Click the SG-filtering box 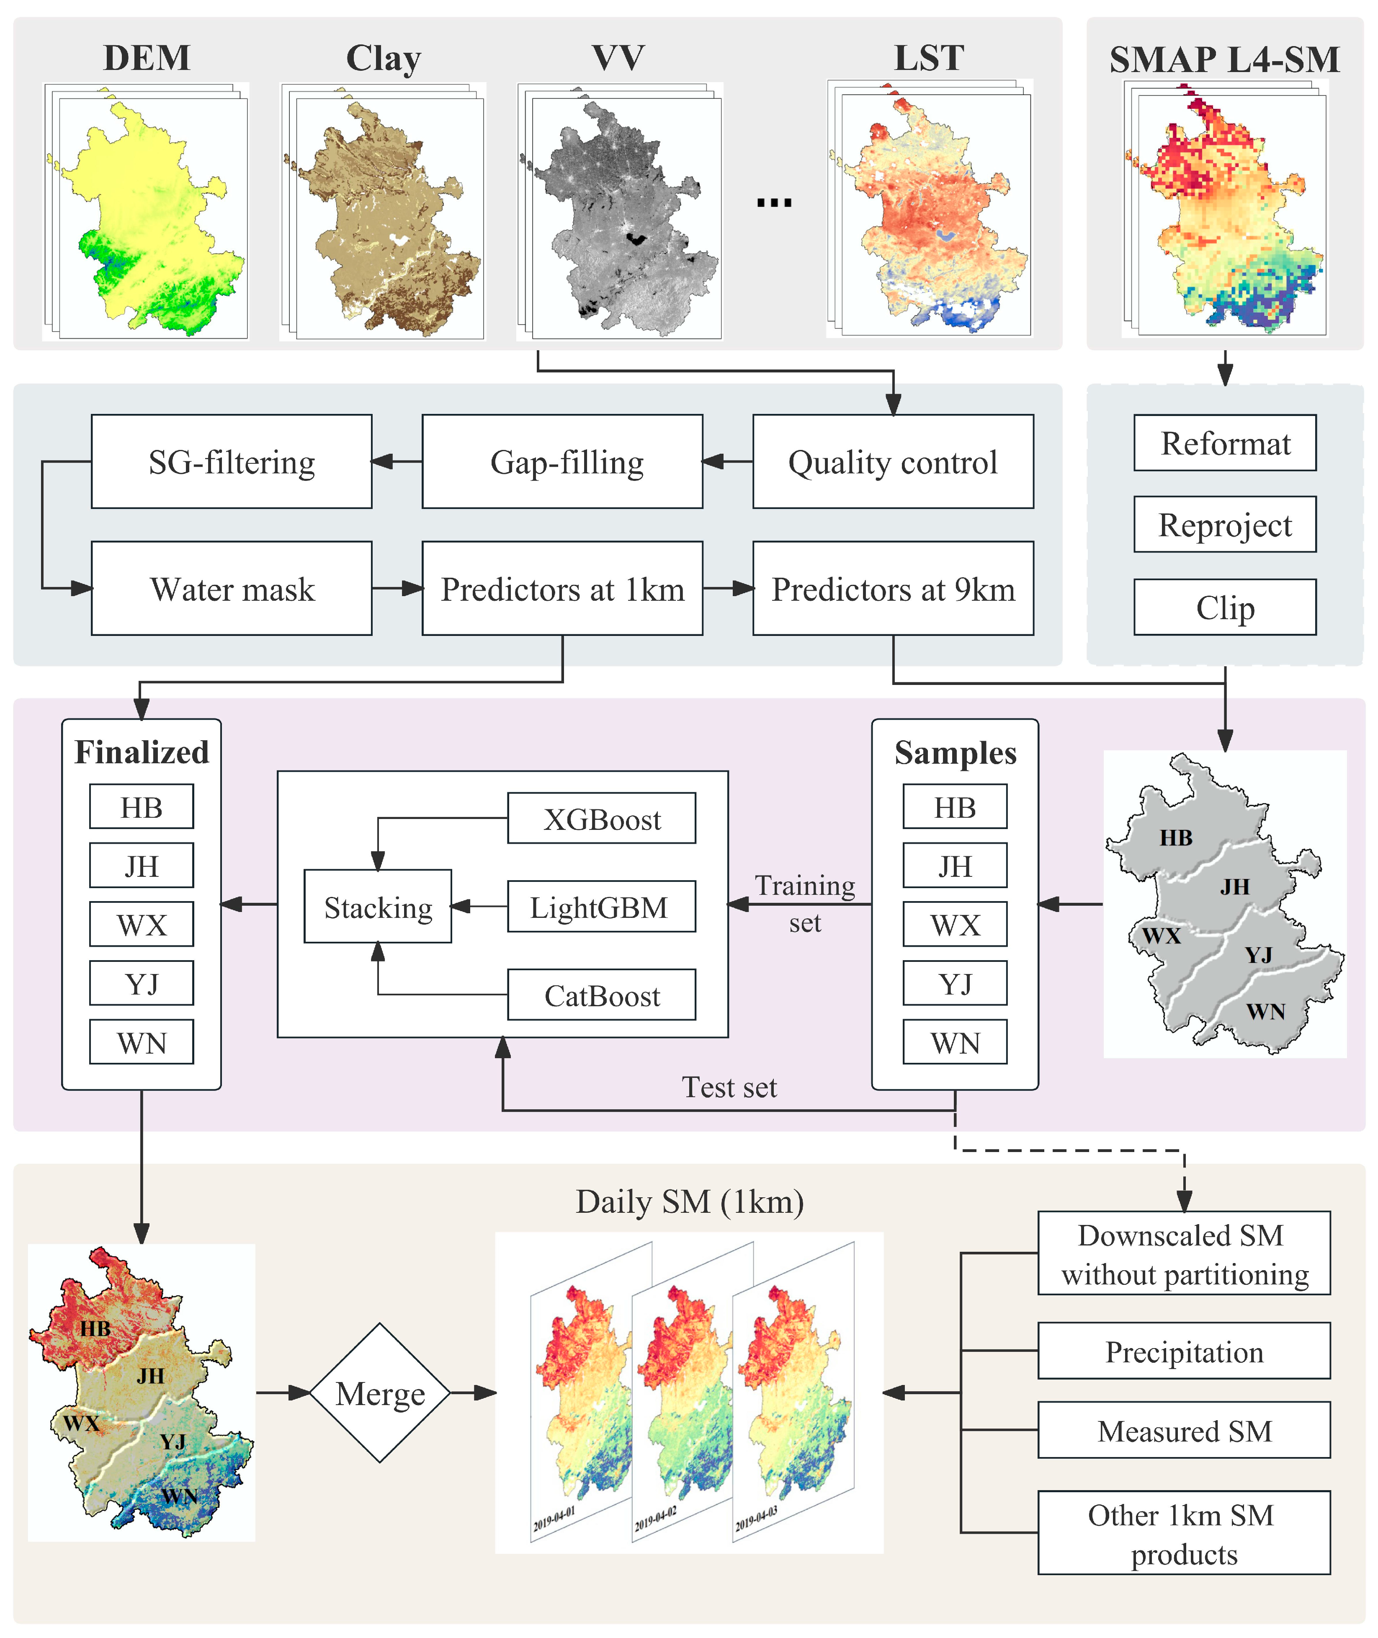[231, 462]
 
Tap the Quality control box [892, 462]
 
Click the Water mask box [231, 589]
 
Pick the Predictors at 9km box [892, 589]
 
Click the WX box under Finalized [142, 925]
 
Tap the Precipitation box [1183, 1351]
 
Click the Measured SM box [1183, 1431]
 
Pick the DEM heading [147, 58]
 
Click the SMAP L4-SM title [1224, 59]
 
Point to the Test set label [729, 1087]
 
